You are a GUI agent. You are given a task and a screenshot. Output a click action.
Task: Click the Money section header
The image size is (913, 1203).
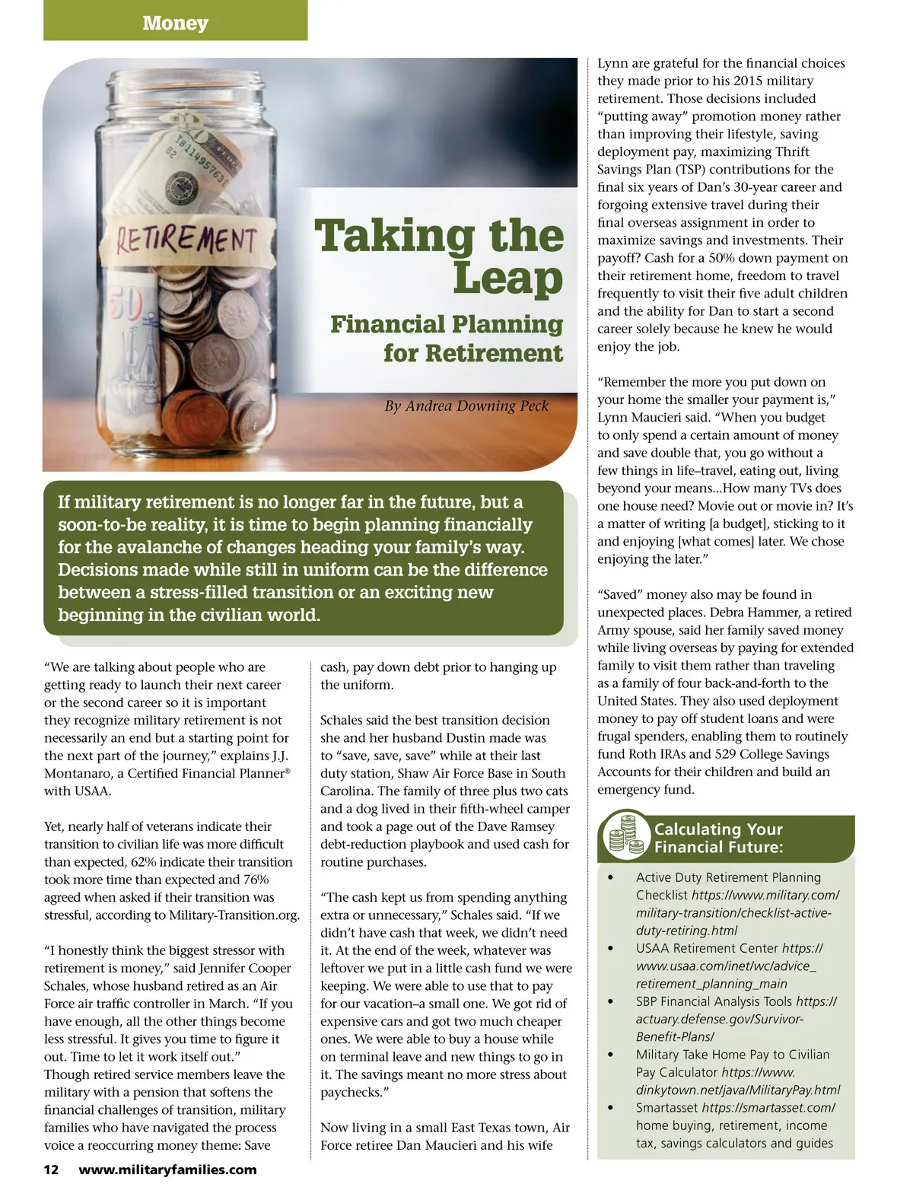pos(175,23)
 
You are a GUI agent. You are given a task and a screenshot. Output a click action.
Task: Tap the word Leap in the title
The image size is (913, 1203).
pos(507,278)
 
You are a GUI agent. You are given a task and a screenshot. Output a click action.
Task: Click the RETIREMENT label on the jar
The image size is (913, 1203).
pos(186,239)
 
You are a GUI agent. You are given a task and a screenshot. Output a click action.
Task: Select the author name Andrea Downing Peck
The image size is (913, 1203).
pos(466,406)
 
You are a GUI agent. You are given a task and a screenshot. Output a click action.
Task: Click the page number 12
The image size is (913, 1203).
pos(51,1170)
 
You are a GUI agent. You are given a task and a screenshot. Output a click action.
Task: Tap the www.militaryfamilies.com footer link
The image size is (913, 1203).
pos(167,1170)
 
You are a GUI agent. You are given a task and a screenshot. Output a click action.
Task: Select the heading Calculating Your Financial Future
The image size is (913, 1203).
pos(718,838)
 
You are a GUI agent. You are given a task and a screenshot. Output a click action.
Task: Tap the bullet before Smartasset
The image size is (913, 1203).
pos(610,1108)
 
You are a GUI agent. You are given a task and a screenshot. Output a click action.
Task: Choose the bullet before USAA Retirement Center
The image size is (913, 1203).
pos(610,949)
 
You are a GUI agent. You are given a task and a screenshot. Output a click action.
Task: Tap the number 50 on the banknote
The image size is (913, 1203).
pos(126,305)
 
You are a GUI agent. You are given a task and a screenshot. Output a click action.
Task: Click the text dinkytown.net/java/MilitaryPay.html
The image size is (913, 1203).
pos(738,1090)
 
